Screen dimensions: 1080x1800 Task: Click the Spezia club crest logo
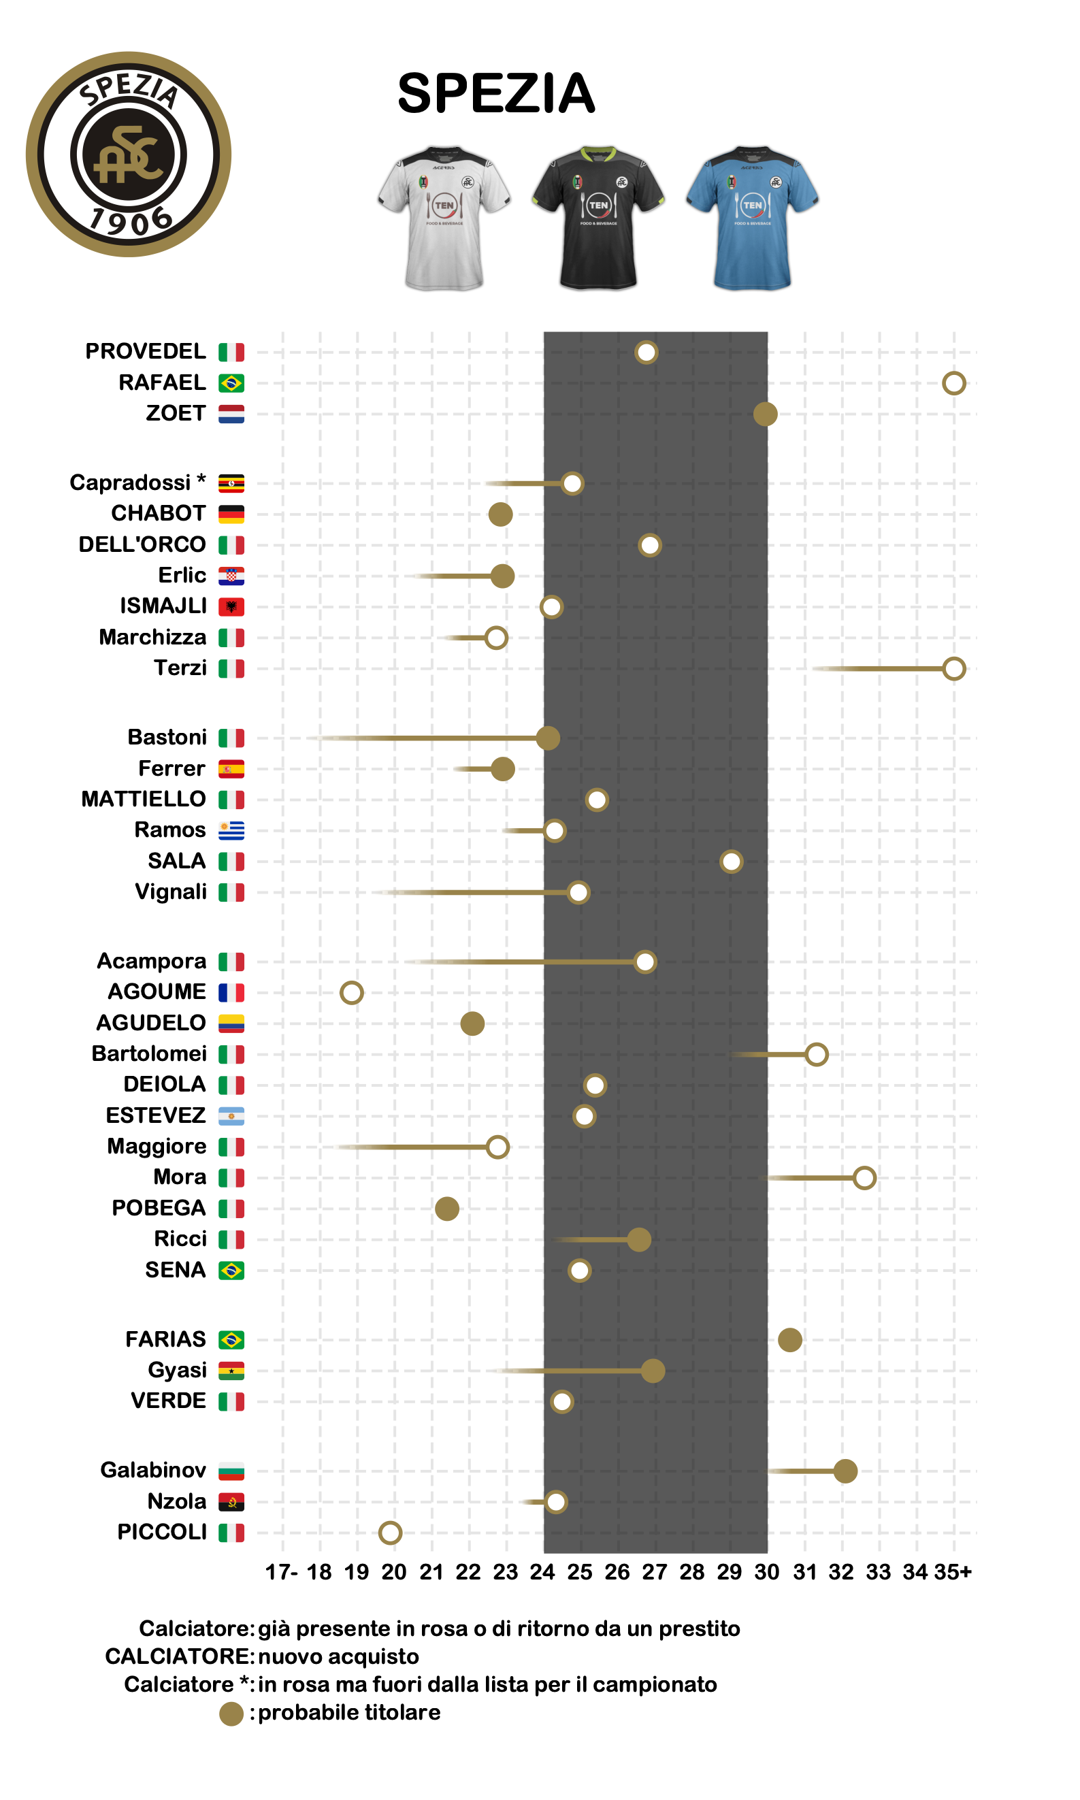(129, 154)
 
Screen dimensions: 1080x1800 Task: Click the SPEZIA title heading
(496, 94)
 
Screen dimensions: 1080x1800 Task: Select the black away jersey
(598, 218)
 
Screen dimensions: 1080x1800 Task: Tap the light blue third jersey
(752, 218)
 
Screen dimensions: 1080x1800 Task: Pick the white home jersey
(444, 218)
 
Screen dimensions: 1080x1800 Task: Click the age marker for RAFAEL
(953, 382)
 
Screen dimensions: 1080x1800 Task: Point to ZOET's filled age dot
(765, 414)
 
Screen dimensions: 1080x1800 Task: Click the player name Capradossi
(130, 482)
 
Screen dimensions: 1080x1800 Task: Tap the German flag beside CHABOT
(231, 514)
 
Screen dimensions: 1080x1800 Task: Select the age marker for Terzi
(953, 668)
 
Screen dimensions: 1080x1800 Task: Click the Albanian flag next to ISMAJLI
(231, 606)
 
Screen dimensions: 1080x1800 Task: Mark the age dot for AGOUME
(352, 992)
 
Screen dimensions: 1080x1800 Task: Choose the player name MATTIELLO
(144, 799)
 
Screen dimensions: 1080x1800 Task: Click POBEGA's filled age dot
(447, 1209)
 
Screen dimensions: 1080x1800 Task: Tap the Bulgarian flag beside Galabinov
(231, 1471)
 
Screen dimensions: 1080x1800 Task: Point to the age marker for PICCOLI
(390, 1533)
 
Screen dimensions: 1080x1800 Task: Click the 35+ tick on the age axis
(953, 1572)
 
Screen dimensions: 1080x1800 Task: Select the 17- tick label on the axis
(282, 1572)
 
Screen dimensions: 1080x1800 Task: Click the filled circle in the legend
(231, 1714)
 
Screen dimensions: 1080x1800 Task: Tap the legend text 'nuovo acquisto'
(338, 1656)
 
